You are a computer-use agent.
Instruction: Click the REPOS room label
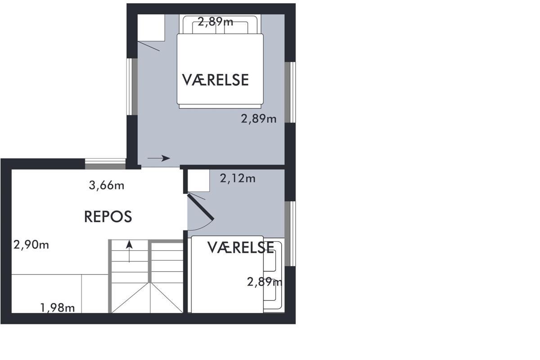point(108,216)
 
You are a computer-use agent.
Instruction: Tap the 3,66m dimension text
point(107,185)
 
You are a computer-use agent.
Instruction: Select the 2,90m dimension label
point(31,245)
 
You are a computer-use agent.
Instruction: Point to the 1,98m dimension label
point(58,308)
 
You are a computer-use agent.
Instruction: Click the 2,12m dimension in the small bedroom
point(238,179)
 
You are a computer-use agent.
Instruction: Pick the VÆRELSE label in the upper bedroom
point(215,80)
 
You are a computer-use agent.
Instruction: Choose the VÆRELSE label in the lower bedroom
point(241,247)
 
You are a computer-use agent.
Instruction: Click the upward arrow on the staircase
point(130,251)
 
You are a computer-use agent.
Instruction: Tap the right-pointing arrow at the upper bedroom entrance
point(159,158)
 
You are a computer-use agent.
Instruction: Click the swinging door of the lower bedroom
point(201,207)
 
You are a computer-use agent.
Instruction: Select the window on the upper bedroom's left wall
point(132,86)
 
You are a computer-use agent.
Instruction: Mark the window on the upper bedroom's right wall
point(290,92)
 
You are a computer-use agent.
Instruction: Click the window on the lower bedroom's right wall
point(290,234)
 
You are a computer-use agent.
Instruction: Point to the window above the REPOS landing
point(105,164)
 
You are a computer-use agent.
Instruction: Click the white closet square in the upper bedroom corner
point(151,28)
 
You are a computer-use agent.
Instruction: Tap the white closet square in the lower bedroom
point(198,180)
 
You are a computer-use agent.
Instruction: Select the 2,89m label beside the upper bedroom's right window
point(259,119)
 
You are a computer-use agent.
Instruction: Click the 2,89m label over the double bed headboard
point(216,22)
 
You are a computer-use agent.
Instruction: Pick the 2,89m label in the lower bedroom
point(265,282)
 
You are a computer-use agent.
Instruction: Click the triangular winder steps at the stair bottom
point(147,298)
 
